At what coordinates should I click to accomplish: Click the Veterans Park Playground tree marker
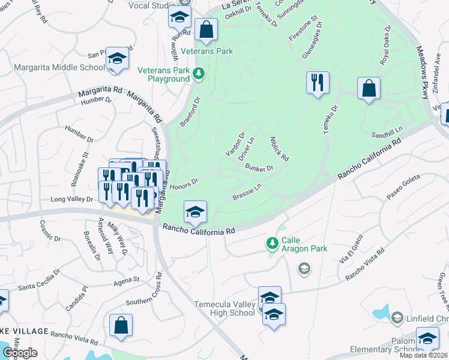click(199, 74)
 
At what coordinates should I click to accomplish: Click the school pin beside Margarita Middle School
click(118, 58)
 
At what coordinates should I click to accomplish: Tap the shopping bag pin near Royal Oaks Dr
click(369, 88)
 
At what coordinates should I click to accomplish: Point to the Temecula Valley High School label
click(224, 308)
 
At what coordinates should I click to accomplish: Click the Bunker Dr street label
click(259, 169)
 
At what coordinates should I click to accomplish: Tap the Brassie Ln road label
click(247, 193)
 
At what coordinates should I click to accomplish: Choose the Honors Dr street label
click(183, 185)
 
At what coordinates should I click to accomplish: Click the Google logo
click(19, 353)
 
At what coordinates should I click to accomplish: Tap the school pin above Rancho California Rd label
click(195, 212)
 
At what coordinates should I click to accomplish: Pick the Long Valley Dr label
click(73, 199)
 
